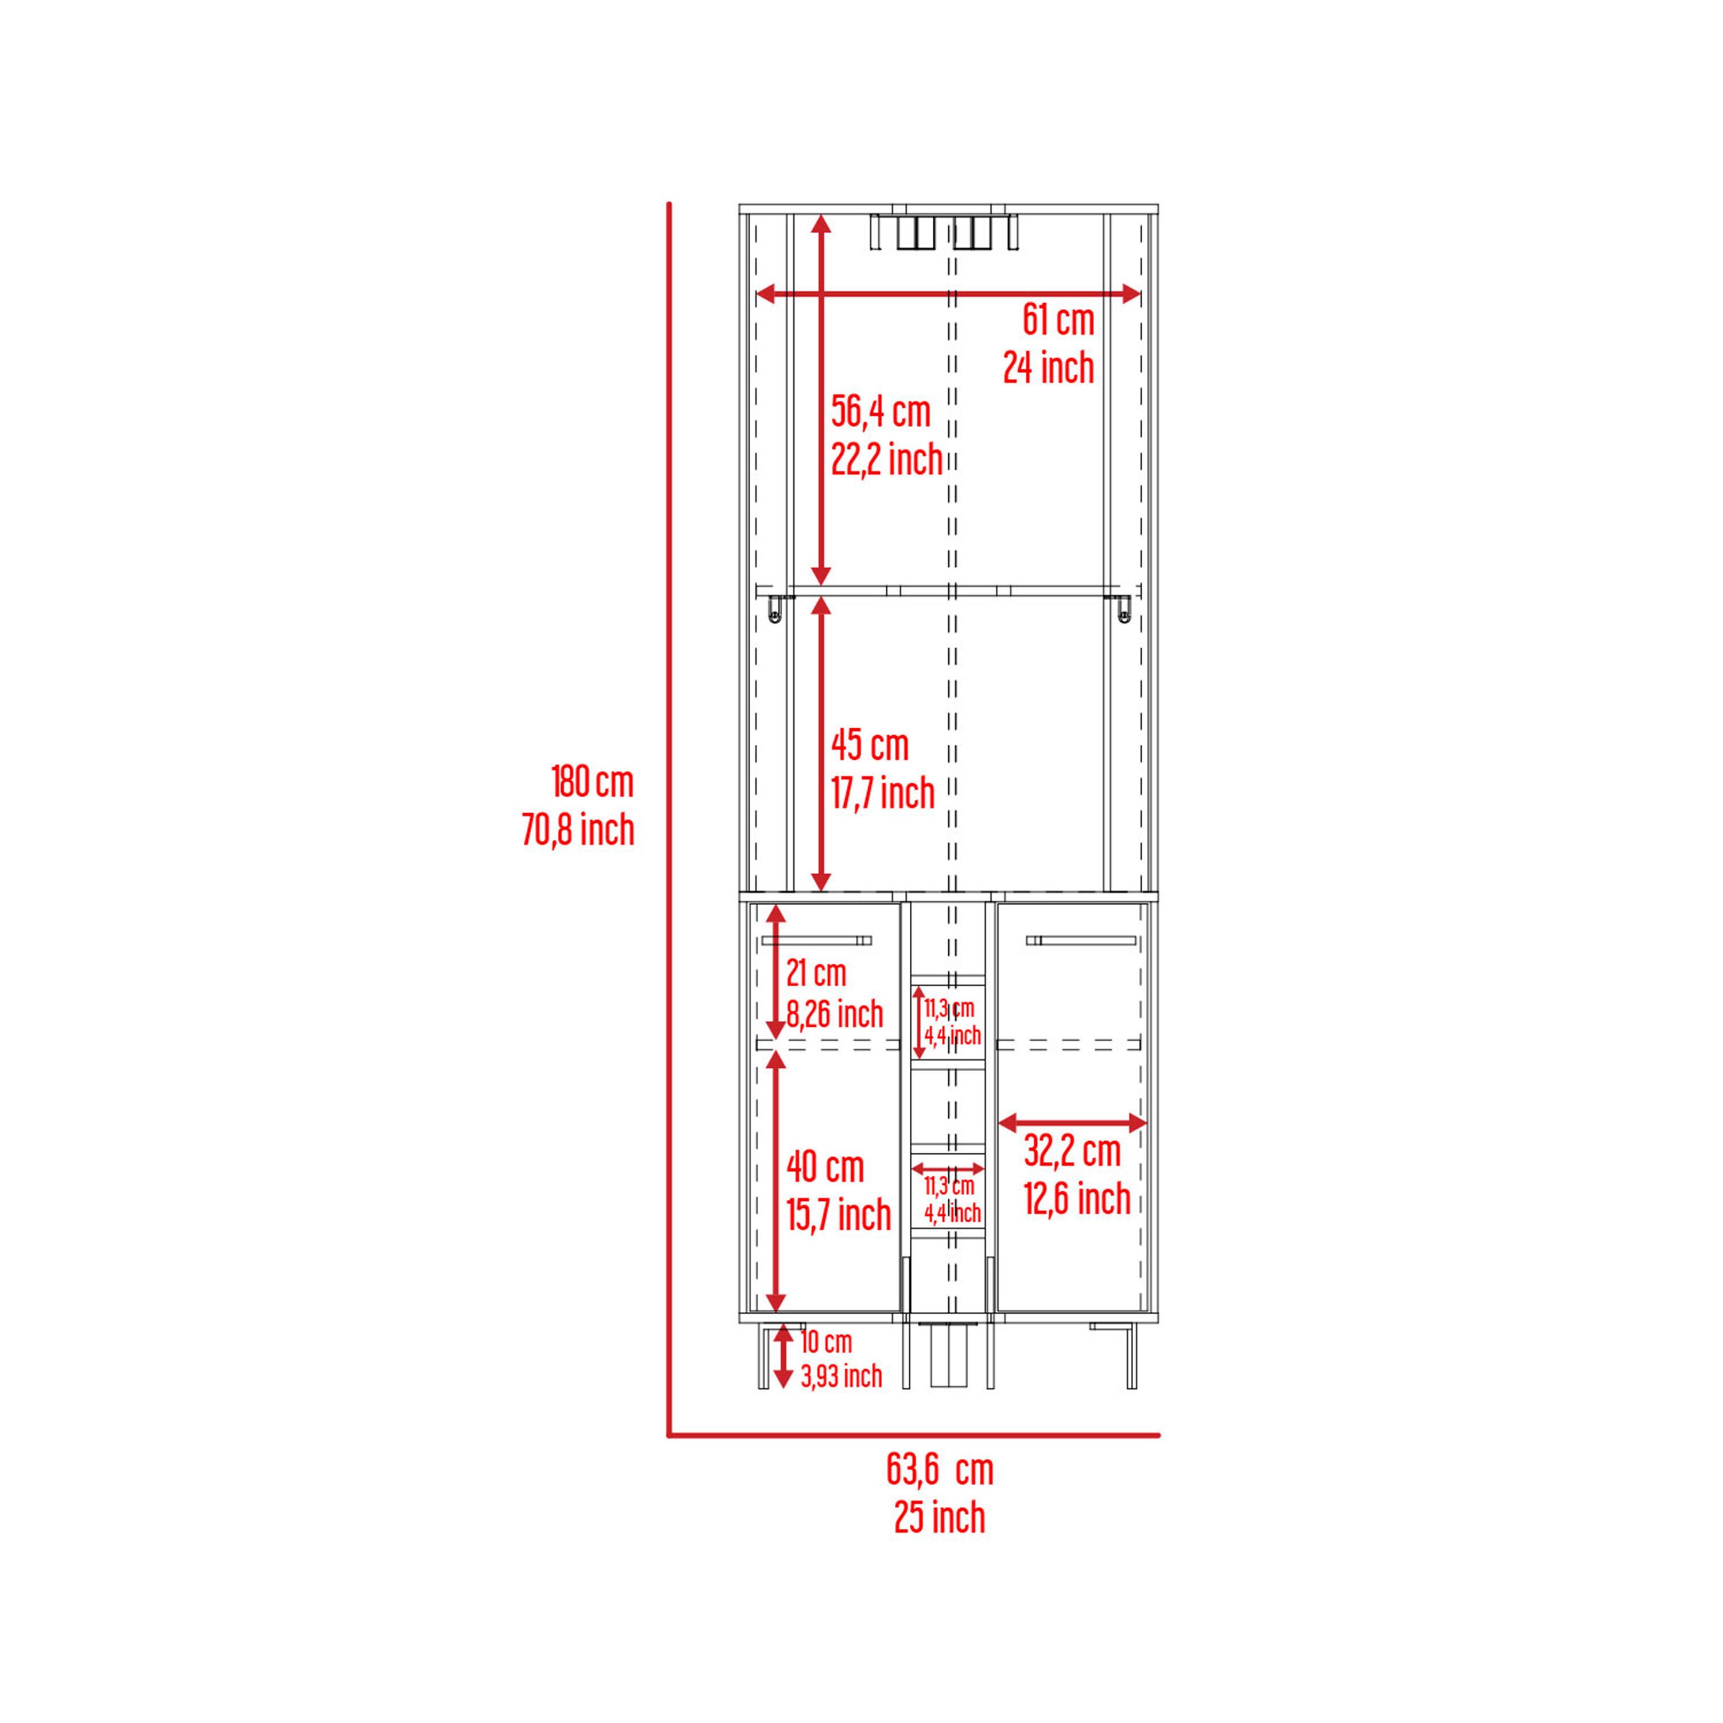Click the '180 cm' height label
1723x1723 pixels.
tap(592, 782)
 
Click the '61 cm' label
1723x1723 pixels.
tap(1058, 320)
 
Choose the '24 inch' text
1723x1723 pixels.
tap(1048, 368)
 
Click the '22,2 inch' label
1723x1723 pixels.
tap(886, 459)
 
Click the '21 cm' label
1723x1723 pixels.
tap(816, 972)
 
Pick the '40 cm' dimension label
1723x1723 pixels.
tap(825, 1168)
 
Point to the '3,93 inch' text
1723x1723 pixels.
tap(841, 1376)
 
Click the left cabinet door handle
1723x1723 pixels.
tap(816, 940)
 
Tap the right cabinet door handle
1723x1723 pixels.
tap(1081, 940)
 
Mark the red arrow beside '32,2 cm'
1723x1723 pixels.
tap(1072, 1123)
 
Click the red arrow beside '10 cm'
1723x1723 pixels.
tap(782, 1357)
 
